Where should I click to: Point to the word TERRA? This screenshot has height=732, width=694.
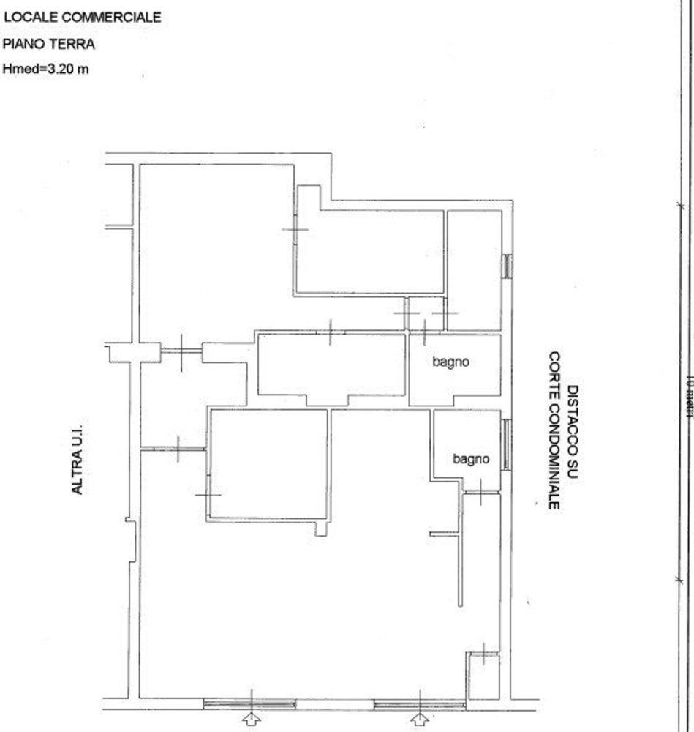coord(72,44)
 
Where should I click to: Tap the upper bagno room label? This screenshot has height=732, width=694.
coord(450,361)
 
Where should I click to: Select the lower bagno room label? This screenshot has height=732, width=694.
coord(470,459)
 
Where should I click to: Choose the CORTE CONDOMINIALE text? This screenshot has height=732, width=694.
coord(555,430)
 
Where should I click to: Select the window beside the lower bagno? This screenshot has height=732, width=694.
coord(506,444)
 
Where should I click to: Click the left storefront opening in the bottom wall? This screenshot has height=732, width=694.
coord(249,704)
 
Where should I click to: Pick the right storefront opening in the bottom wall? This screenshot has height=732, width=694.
coord(419,704)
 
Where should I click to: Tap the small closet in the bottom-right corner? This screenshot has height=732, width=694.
coord(483,676)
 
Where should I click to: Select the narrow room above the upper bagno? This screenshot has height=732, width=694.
coord(473,269)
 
